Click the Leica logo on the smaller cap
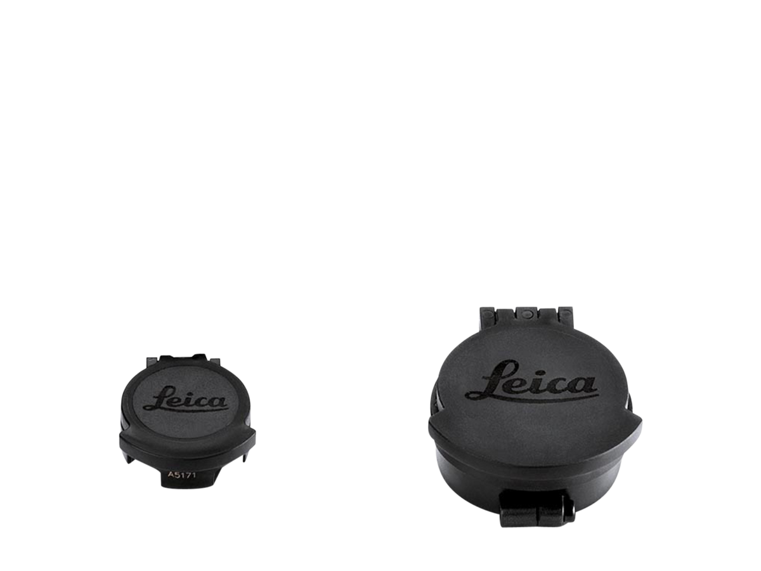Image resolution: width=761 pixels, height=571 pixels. click(x=185, y=400)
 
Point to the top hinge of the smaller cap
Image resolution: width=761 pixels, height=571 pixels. click(x=181, y=359)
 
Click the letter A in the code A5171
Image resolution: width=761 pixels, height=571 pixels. click(x=170, y=473)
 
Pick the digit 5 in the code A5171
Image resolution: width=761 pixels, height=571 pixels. click(x=175, y=473)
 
